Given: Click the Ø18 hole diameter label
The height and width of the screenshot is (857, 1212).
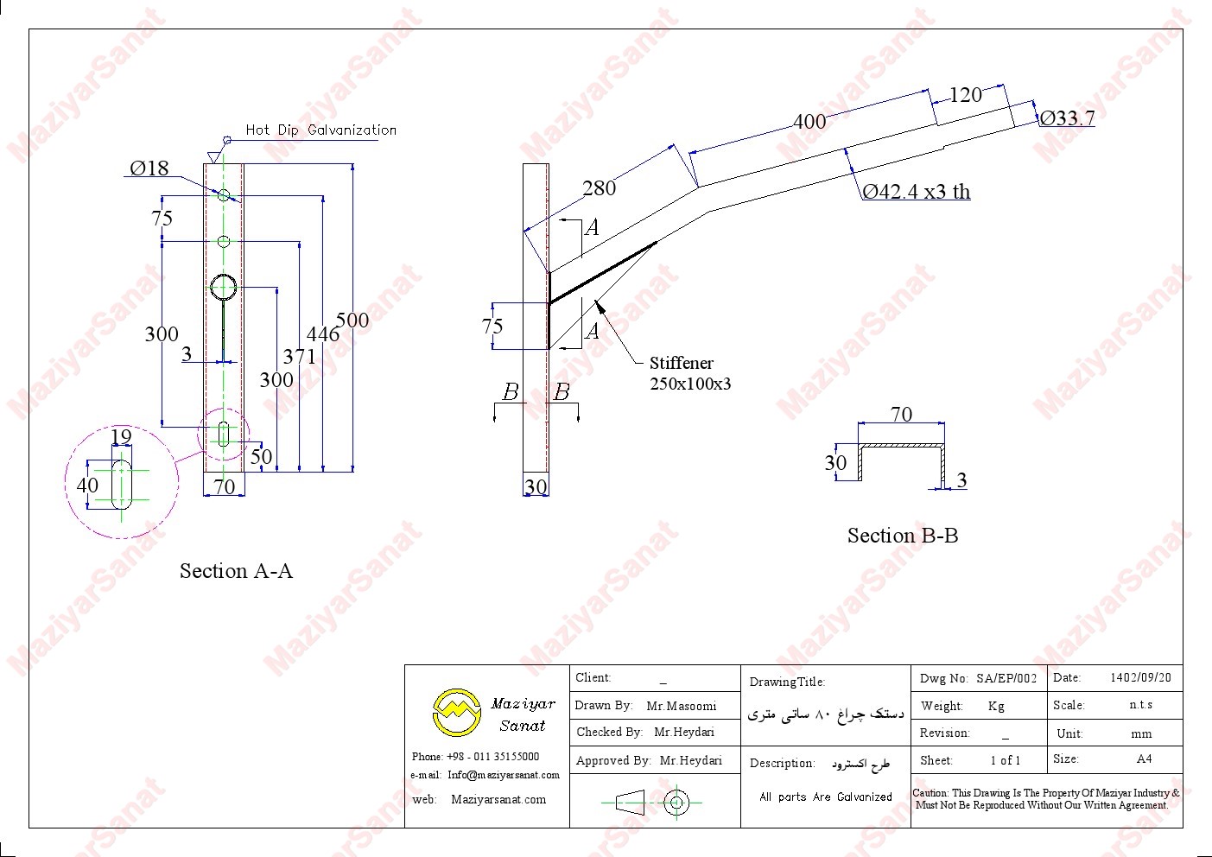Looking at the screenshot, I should [149, 168].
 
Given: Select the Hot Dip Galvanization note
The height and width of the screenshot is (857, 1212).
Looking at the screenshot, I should [320, 130].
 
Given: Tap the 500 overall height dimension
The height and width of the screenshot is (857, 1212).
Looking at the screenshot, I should [352, 321].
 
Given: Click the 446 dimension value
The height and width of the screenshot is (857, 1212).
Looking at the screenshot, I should [323, 333].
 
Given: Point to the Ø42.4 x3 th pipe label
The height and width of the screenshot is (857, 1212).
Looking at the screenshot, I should [916, 192].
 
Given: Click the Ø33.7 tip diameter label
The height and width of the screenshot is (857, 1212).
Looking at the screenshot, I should [1067, 117].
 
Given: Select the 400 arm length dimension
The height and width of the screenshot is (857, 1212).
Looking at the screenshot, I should [809, 122].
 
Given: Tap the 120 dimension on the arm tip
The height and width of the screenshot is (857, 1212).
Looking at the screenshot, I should [965, 95].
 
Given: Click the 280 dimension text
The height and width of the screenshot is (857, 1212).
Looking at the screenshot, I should [599, 188].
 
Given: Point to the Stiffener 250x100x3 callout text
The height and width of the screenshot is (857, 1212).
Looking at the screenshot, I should [689, 373].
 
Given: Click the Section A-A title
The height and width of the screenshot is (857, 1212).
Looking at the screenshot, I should [236, 571].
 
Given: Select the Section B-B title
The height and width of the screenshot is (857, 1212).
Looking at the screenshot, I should [902, 536].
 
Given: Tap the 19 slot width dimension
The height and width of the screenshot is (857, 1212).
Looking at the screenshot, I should [121, 437].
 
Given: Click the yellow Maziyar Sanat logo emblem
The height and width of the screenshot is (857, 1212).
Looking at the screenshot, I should [457, 712].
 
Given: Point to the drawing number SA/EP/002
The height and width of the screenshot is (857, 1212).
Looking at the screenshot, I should [1006, 678].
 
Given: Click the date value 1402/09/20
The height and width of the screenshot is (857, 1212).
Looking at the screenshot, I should [1140, 678].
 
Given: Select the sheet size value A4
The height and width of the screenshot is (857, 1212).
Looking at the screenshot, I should [1144, 759].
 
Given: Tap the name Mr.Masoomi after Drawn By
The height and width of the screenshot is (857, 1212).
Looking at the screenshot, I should [681, 706].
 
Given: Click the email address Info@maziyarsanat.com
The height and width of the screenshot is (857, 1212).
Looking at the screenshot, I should [504, 775].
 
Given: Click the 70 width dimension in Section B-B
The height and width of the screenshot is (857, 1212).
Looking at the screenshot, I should [901, 415].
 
